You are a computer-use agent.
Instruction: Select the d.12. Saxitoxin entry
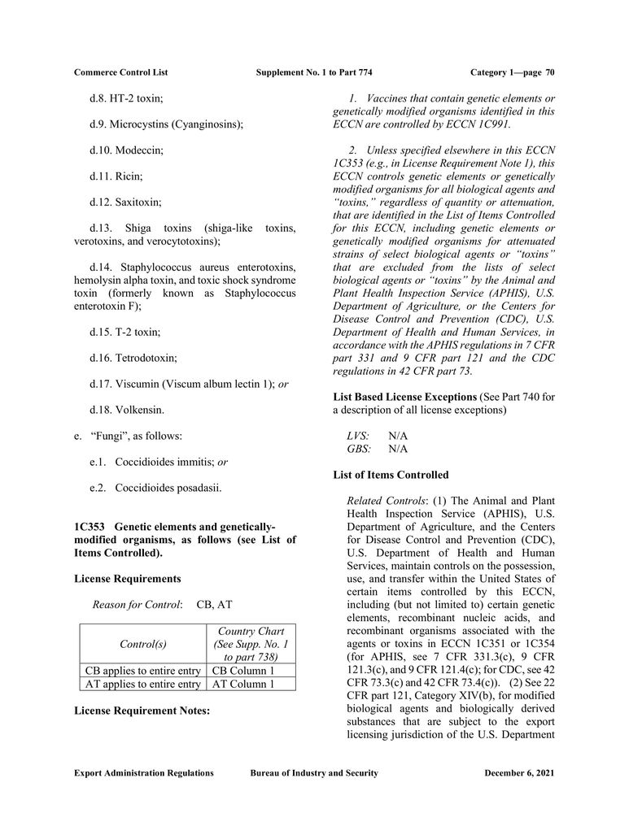(x=125, y=201)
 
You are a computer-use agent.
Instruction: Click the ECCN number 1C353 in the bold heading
(x=90, y=527)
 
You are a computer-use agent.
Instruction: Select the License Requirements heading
(x=128, y=578)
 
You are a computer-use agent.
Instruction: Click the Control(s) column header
(x=142, y=644)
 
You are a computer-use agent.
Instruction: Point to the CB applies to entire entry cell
(x=142, y=671)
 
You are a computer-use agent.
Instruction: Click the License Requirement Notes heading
(x=142, y=711)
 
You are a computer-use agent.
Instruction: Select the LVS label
(x=358, y=436)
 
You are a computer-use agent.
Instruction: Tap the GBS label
(x=359, y=449)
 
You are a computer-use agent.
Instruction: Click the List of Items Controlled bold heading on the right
(x=391, y=475)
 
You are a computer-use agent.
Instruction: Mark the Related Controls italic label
(x=387, y=500)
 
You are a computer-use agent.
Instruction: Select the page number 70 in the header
(x=550, y=72)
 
